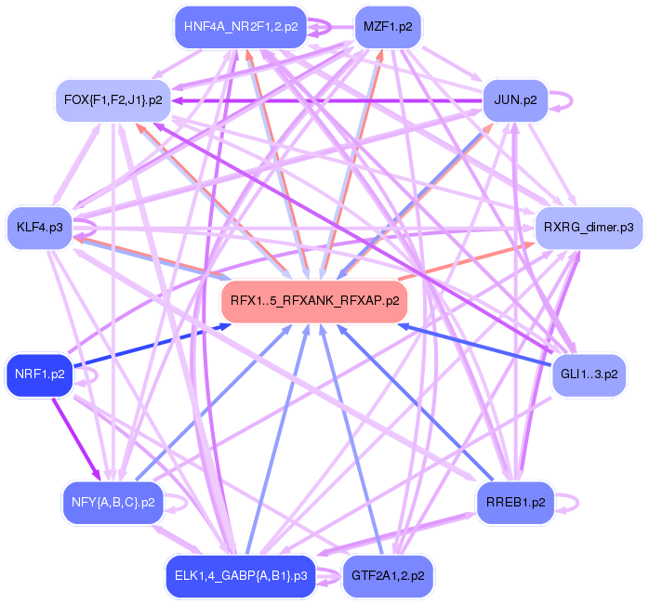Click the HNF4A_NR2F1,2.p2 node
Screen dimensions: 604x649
[241, 27]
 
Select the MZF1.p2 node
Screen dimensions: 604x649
[388, 27]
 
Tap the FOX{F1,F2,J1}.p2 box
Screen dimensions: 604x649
[113, 99]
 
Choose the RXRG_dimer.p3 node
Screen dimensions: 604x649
[589, 227]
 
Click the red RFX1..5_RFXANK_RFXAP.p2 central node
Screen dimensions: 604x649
[314, 301]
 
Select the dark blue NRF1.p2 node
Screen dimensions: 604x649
[40, 374]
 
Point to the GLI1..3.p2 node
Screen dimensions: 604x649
[589, 374]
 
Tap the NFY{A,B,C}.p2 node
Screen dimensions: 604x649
[113, 502]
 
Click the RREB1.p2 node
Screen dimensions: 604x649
[515, 502]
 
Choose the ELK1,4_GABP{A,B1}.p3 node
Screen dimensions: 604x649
[241, 576]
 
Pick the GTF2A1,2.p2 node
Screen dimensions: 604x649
[388, 576]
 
